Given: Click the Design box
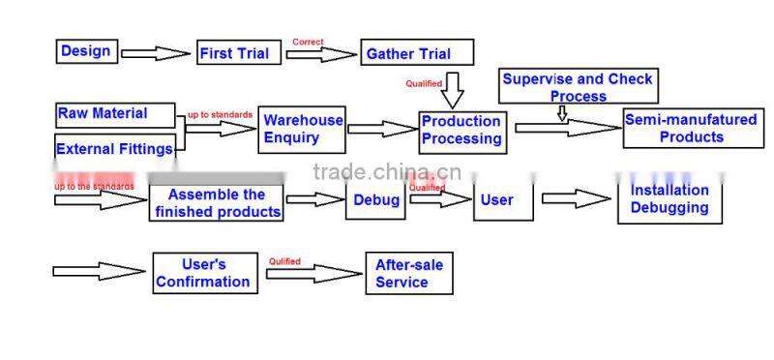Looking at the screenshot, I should (87, 51).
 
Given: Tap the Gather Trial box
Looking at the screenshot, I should (417, 53).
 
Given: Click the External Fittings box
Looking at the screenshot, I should (115, 148).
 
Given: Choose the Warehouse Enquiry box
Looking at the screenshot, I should (303, 130).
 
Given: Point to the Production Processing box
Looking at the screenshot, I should (461, 130).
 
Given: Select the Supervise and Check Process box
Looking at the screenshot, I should (578, 86).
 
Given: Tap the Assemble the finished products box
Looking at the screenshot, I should (217, 202).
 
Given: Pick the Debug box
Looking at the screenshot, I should (375, 200).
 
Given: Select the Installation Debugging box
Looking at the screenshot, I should (670, 199).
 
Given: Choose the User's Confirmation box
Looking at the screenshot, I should (203, 273).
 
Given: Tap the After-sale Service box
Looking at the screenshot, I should (408, 273).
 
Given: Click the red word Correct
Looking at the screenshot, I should (308, 42).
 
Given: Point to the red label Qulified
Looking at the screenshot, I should (284, 261).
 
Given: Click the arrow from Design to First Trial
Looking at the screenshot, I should (156, 53).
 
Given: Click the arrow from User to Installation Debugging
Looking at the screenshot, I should (577, 199).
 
